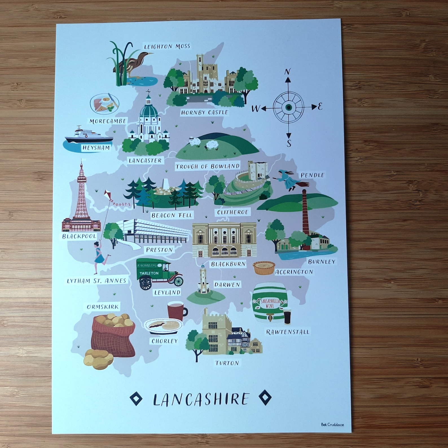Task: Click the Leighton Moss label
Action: coord(167,47)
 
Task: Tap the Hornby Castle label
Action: coord(204,113)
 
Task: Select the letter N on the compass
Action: coord(287,72)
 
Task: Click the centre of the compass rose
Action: coord(288,107)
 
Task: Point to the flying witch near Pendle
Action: coord(289,180)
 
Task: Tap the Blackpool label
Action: coord(79,236)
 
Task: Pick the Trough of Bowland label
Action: coord(207,166)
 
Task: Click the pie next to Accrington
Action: coord(262,267)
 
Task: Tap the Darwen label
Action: coord(227,285)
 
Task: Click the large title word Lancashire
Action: coord(201,399)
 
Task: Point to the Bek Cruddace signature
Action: coord(332,424)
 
